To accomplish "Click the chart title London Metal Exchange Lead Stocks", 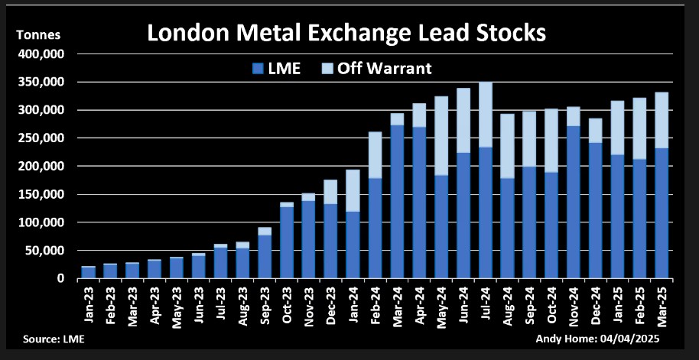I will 346,34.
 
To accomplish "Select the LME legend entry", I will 276,68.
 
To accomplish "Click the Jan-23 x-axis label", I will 88,303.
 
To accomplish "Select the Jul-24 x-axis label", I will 485,303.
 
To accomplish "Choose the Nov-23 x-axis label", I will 308,303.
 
